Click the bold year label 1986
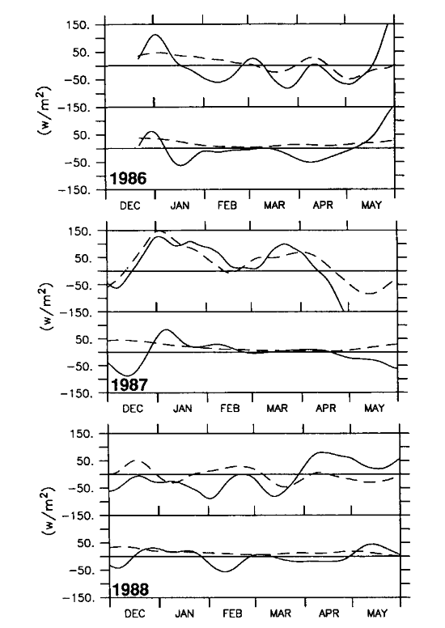[128, 178]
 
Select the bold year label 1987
[129, 385]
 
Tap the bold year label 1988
[130, 589]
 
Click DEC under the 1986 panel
[130, 206]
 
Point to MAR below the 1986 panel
[274, 205]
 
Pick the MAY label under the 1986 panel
[371, 205]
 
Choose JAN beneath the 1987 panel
[182, 409]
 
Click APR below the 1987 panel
[325, 408]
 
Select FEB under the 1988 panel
[232, 613]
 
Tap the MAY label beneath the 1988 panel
[377, 613]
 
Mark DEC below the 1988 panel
[134, 613]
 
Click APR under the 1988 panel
[328, 613]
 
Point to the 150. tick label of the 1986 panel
[78, 25]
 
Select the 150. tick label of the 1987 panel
[80, 231]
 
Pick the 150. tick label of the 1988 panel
[82, 434]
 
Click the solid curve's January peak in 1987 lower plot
[167, 329]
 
